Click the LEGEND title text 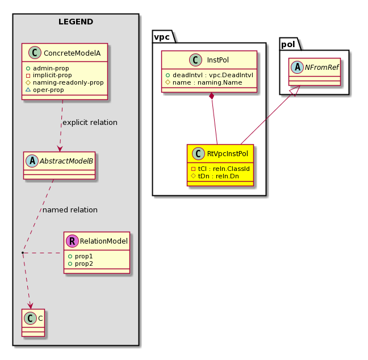(x=76, y=22)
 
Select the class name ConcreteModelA (x=72, y=53)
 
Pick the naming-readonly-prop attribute (x=65, y=82)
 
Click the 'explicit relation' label (x=90, y=123)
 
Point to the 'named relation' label (x=70, y=210)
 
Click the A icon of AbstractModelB (x=32, y=161)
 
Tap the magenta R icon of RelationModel (x=72, y=241)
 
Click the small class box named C (x=33, y=323)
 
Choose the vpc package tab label (x=162, y=37)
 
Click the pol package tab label (x=288, y=44)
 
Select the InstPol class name (x=218, y=60)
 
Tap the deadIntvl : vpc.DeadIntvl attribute (x=210, y=75)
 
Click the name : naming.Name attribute (x=204, y=82)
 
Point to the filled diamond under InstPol (x=212, y=96)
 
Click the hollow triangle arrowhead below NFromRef (x=295, y=90)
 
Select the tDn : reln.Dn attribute (x=215, y=176)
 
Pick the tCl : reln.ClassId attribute (x=220, y=169)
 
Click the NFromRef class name (x=322, y=68)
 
